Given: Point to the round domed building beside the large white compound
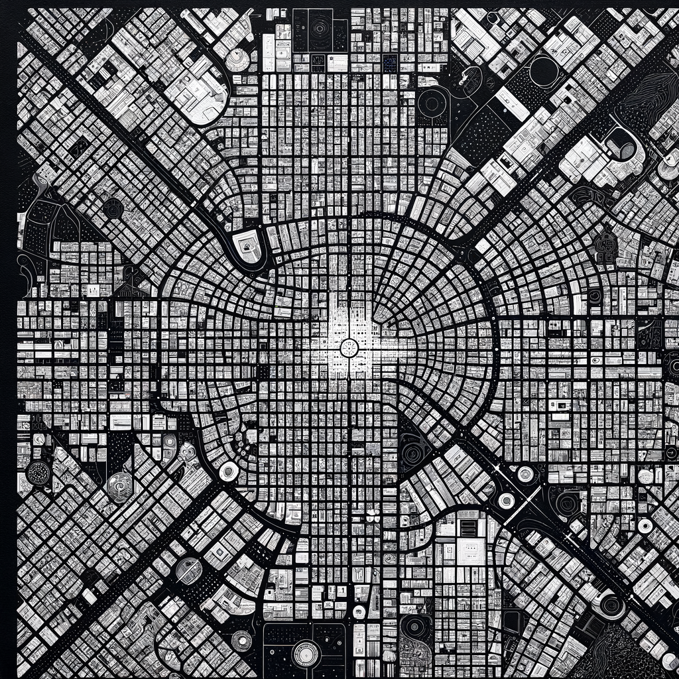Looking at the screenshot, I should (x=237, y=60).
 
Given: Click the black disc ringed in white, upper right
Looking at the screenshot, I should (x=543, y=70).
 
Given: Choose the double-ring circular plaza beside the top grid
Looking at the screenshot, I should (x=433, y=103).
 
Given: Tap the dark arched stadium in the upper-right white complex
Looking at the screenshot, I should (x=621, y=145).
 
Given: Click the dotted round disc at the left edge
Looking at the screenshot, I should (x=37, y=473).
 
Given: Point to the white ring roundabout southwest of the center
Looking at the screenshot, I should (x=229, y=471).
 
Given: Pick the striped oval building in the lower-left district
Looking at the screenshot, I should (x=188, y=570).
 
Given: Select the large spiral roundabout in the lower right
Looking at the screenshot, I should (x=609, y=605).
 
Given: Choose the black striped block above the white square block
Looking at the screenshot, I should (x=468, y=527).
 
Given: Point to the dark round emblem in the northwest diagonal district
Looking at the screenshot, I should (x=113, y=208).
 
